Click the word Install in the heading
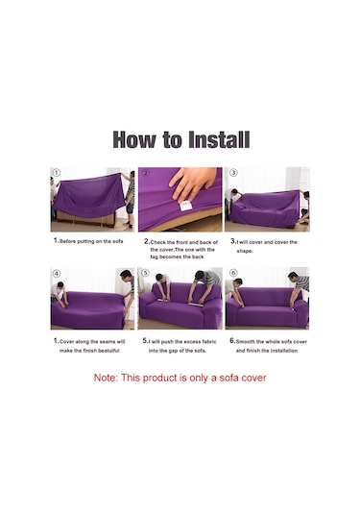click(x=219, y=140)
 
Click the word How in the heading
click(x=134, y=140)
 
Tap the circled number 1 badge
click(x=57, y=173)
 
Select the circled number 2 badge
click(x=146, y=173)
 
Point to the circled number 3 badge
click(x=233, y=172)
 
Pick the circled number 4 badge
click(x=57, y=274)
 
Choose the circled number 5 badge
click(x=146, y=273)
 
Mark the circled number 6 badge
click(x=233, y=273)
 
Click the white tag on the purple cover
click(x=185, y=206)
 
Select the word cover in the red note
click(x=253, y=378)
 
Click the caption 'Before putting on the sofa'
click(x=91, y=241)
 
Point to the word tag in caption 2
click(x=155, y=257)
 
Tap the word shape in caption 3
click(x=245, y=251)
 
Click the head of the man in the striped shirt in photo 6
click(x=293, y=277)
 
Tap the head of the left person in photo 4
click(x=60, y=286)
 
